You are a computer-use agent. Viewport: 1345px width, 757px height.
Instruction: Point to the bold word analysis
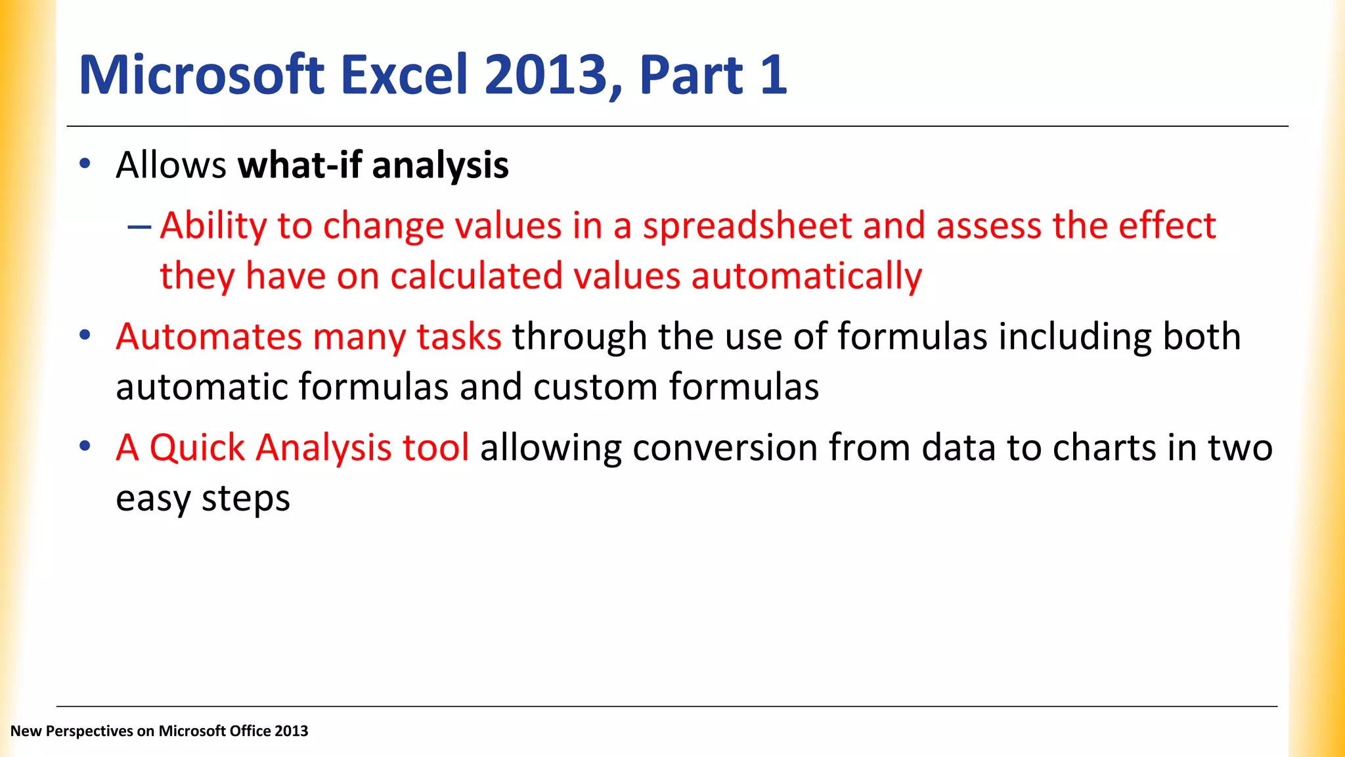coord(440,166)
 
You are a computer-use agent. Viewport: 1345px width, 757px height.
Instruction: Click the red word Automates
coord(208,336)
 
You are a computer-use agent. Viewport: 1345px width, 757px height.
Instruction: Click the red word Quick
coord(197,448)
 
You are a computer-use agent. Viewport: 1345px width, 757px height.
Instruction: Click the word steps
coord(246,499)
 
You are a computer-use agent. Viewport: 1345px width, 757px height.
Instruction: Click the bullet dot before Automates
coord(85,335)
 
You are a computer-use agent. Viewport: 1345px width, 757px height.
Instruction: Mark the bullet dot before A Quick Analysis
coord(85,446)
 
